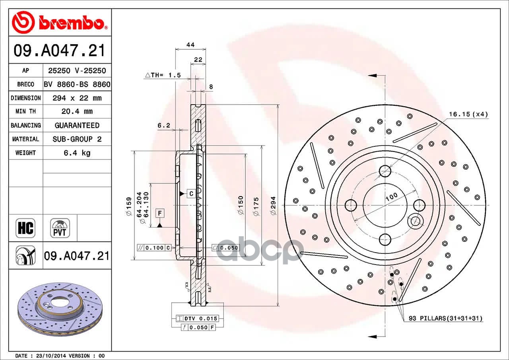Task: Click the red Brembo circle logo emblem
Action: click(23, 22)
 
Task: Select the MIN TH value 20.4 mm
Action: click(77, 111)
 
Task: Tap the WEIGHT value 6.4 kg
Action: click(77, 153)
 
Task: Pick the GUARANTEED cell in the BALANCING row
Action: click(77, 125)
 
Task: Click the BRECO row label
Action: click(26, 84)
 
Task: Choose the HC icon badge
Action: click(25, 228)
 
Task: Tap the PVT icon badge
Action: click(60, 228)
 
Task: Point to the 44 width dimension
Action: click(190, 45)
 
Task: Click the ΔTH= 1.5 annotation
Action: click(163, 75)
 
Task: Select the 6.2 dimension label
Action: click(163, 125)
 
